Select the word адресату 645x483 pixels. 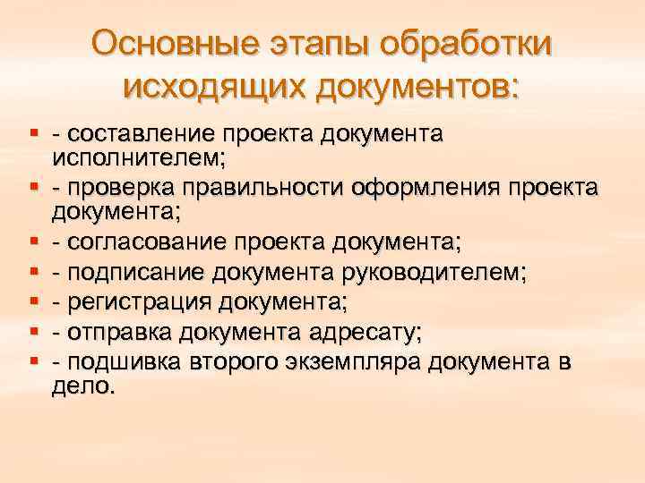click(366, 332)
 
